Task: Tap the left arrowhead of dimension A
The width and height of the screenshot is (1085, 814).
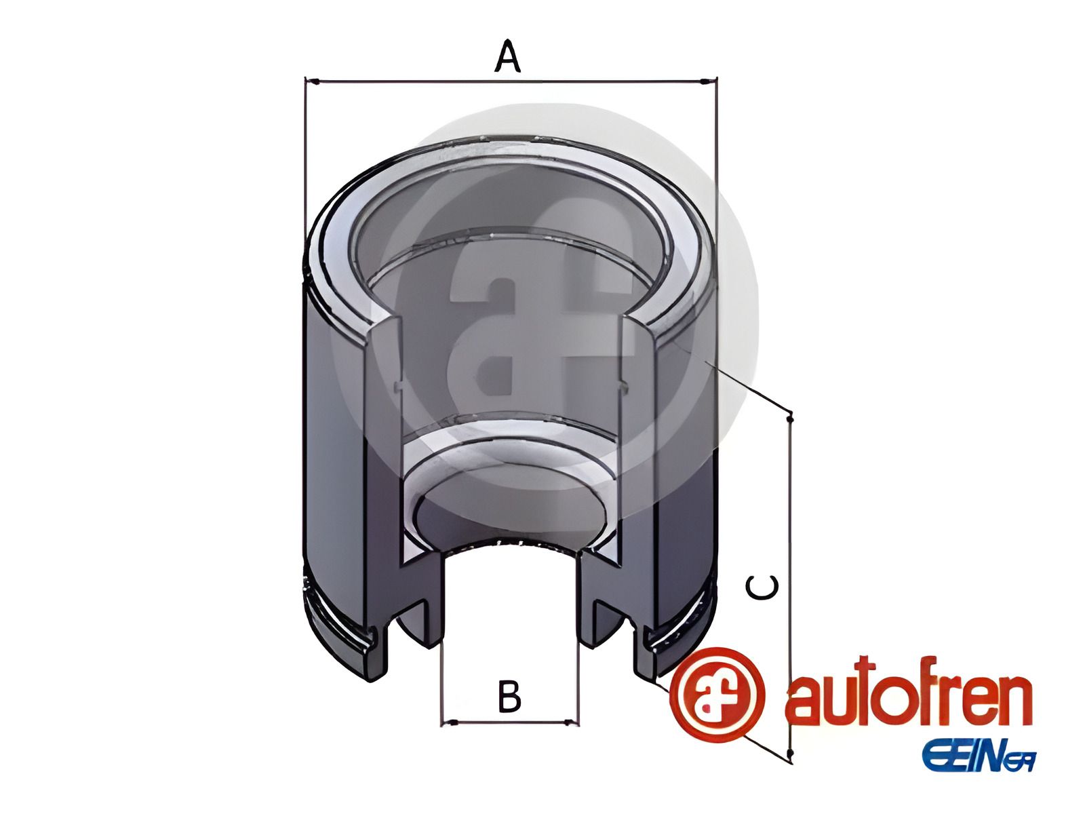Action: pyautogui.click(x=311, y=81)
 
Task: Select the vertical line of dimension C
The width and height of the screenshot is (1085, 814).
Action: pyautogui.click(x=790, y=529)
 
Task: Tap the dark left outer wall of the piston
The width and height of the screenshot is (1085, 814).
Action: pyautogui.click(x=332, y=441)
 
